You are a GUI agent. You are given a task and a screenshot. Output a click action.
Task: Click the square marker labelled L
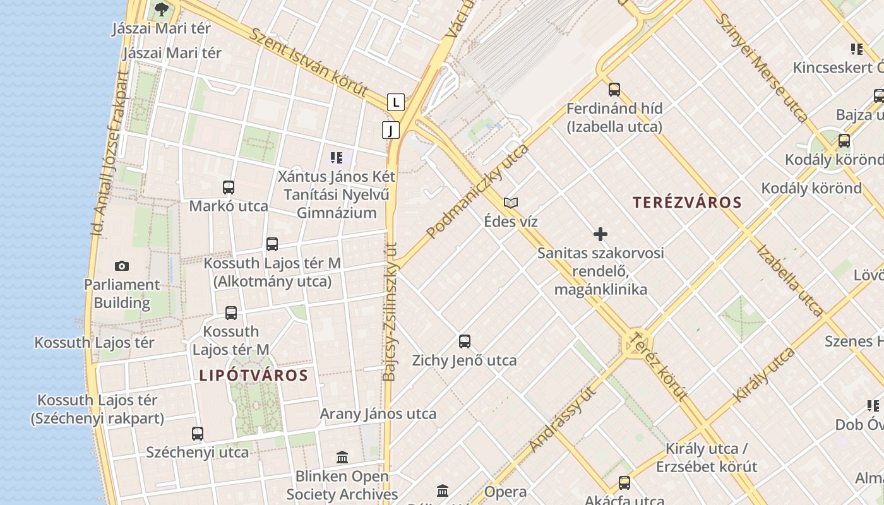[x=396, y=102]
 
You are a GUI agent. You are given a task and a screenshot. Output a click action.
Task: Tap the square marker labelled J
[x=391, y=130]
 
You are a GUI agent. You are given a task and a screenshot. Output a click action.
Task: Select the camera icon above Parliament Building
[x=122, y=266]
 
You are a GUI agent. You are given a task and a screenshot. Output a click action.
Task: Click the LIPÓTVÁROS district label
[x=254, y=376]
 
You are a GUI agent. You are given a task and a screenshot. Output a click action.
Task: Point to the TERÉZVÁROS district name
[x=687, y=203]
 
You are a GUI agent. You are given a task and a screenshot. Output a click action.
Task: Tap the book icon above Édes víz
[x=511, y=203]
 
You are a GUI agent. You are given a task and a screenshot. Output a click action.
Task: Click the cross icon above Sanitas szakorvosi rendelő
[x=600, y=235]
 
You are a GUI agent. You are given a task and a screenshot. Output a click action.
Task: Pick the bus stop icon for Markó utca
[x=229, y=187]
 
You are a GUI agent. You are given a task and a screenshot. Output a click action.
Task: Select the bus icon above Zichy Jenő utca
[x=465, y=342]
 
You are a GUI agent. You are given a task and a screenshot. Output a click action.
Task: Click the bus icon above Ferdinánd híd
[x=614, y=90]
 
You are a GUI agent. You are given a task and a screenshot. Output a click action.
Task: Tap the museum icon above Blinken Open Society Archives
[x=342, y=457]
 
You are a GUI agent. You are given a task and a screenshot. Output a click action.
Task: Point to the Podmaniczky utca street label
[x=477, y=191]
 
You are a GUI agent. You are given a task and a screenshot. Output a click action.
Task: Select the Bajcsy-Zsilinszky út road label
[x=390, y=312]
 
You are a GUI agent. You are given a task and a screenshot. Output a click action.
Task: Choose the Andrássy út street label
[x=563, y=419]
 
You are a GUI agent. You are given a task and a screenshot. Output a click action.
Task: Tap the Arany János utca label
[x=378, y=414]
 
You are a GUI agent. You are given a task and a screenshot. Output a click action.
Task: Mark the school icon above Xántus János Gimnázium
[x=337, y=157]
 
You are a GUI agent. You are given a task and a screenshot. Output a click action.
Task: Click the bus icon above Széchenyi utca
[x=198, y=434]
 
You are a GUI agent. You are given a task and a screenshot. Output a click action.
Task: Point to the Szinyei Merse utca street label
[x=761, y=68]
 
